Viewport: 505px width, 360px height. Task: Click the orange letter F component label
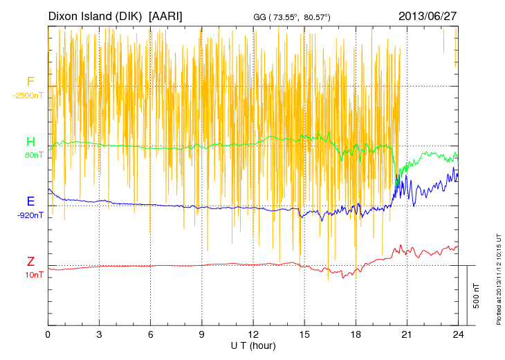(30, 82)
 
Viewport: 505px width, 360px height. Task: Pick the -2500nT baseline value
(28, 95)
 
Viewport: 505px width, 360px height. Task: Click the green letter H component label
(30, 142)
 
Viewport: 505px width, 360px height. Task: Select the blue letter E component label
(30, 201)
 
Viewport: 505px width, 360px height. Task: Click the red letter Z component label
(30, 262)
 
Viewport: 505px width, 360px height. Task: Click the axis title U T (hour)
(253, 345)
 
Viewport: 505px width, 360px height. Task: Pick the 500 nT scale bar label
(476, 296)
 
